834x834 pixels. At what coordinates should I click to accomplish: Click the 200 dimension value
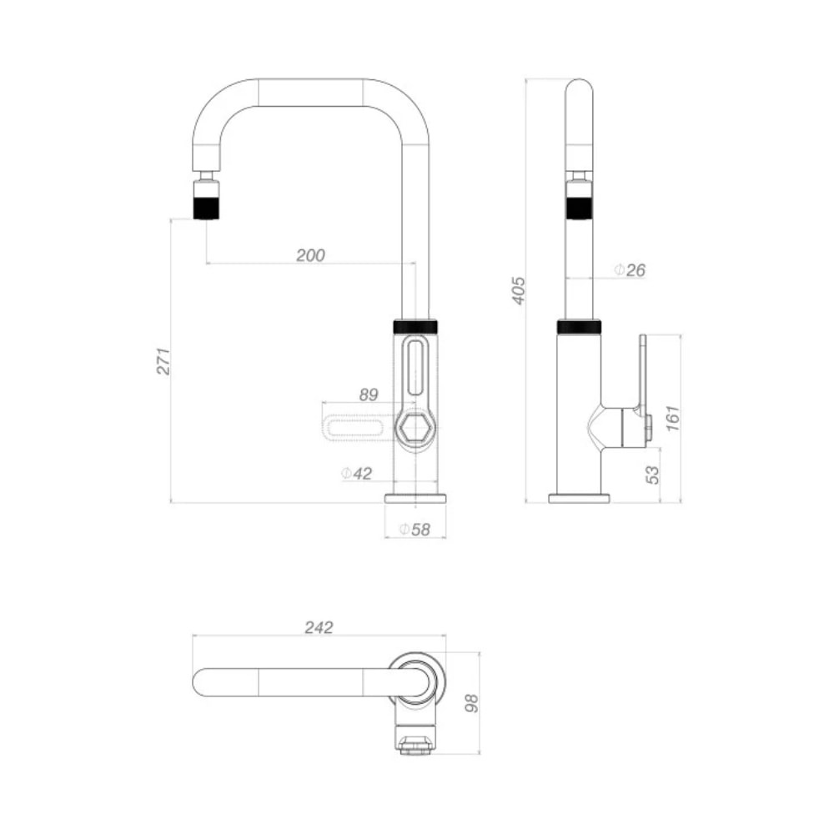[x=310, y=255]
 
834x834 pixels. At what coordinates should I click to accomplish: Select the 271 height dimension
[x=163, y=361]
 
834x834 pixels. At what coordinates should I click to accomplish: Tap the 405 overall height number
[x=518, y=290]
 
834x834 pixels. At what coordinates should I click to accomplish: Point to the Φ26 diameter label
[x=630, y=270]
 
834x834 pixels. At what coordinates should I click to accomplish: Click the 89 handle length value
[x=369, y=394]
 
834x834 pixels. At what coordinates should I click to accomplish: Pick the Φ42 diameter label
[x=356, y=473]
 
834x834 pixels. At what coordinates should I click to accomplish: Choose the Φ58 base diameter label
[x=414, y=530]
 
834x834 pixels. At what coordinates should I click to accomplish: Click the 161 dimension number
[x=673, y=418]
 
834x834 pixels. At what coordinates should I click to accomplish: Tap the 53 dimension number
[x=652, y=475]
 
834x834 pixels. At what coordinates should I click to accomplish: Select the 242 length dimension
[x=319, y=628]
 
